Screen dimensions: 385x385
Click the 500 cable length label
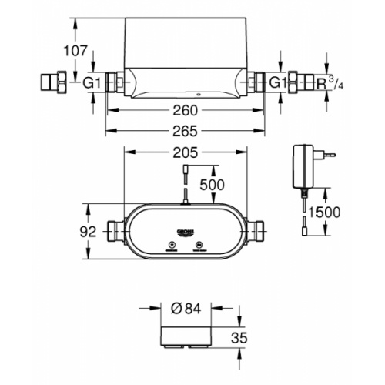click(x=213, y=186)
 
